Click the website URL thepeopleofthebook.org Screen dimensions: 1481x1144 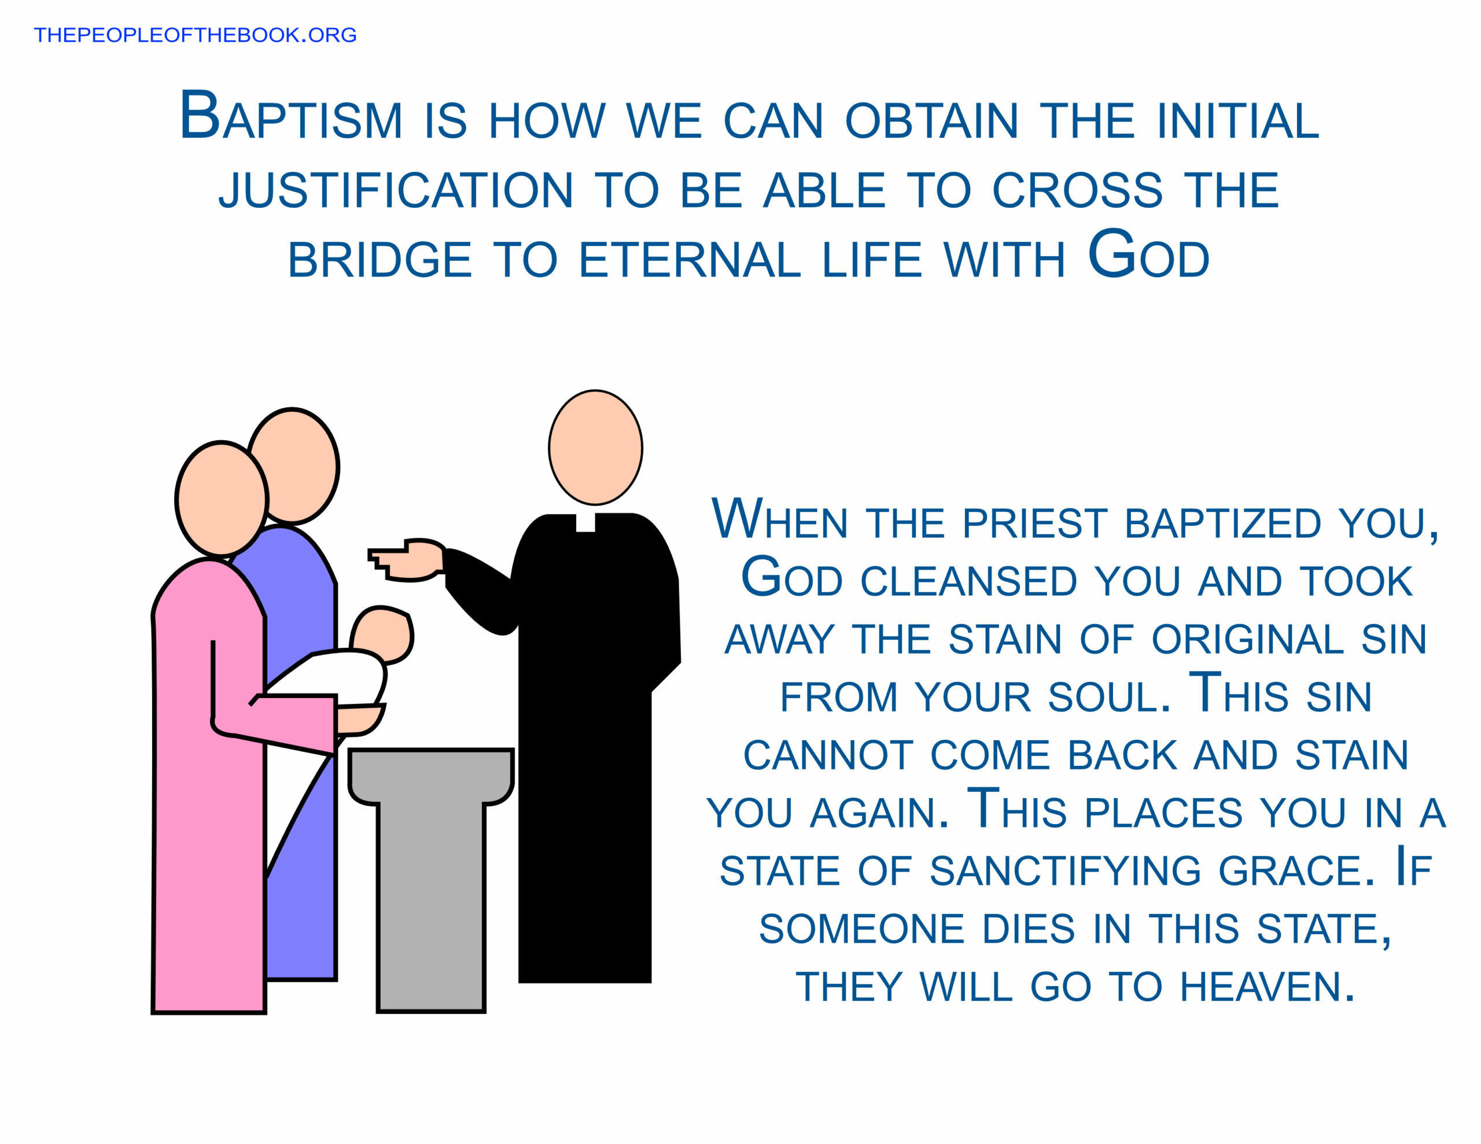[x=196, y=35]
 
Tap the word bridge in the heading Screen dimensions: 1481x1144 [x=380, y=260]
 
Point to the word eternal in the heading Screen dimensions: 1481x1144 [x=690, y=260]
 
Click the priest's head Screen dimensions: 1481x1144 [x=595, y=448]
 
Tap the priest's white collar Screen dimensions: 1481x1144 [x=585, y=522]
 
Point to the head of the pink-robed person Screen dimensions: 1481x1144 [x=222, y=499]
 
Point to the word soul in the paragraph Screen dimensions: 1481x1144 [x=1108, y=697]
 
